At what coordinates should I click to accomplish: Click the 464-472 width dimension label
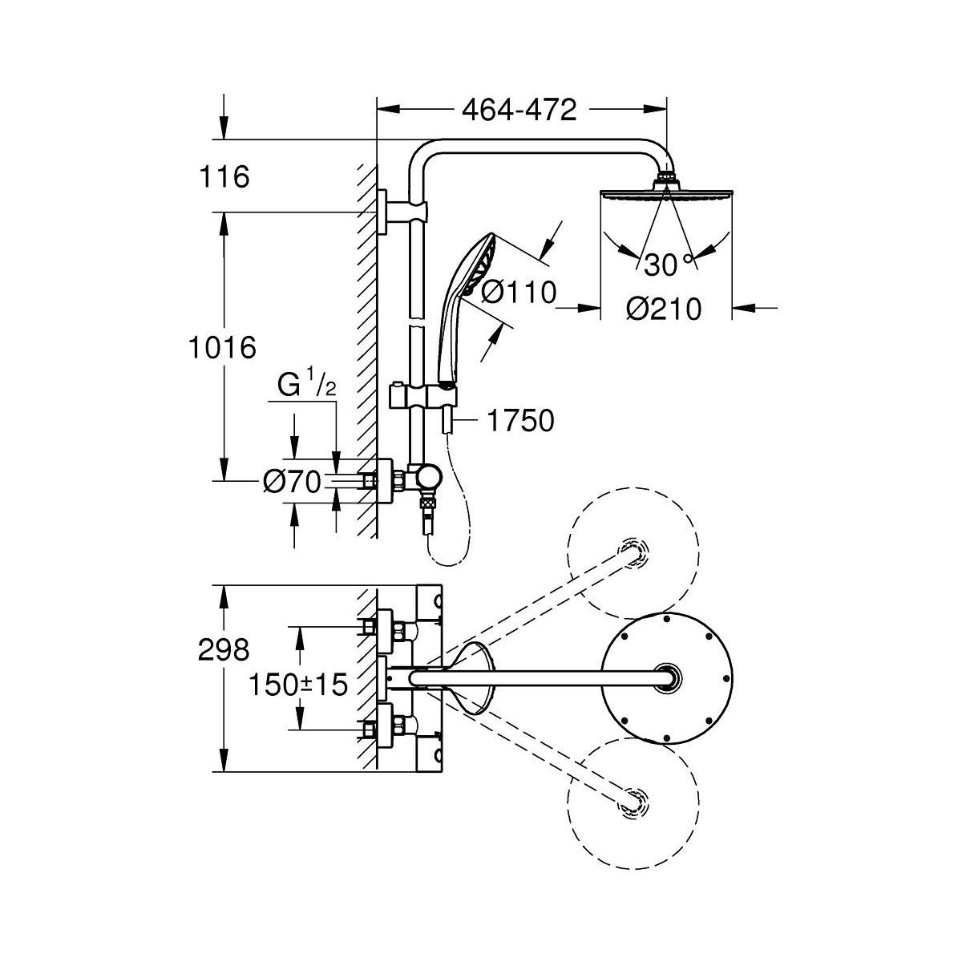[x=519, y=110]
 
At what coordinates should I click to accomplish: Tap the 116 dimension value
[x=224, y=176]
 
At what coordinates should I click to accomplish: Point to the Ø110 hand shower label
[x=519, y=293]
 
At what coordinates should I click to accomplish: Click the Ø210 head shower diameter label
[x=664, y=308]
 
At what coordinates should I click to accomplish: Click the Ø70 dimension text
[x=292, y=481]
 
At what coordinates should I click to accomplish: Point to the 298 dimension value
[x=224, y=649]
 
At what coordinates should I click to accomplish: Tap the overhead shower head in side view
[x=666, y=194]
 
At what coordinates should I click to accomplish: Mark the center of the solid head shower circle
[x=666, y=677]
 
